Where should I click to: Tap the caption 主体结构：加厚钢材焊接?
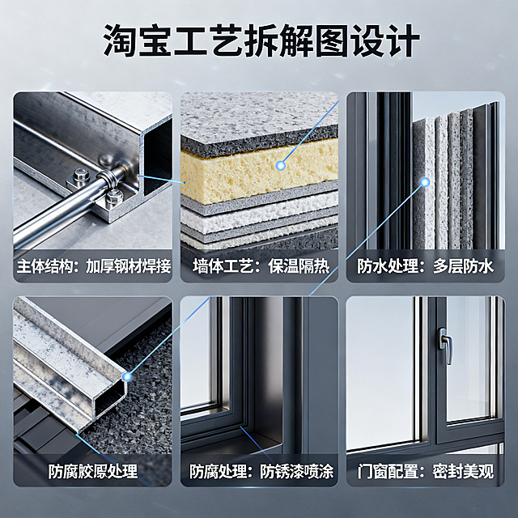click(x=93, y=266)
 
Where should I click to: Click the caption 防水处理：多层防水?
click(x=426, y=266)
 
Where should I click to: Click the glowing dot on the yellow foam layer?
click(x=281, y=165)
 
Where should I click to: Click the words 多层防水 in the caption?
click(x=457, y=266)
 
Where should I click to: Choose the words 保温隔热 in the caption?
click(x=288, y=266)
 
